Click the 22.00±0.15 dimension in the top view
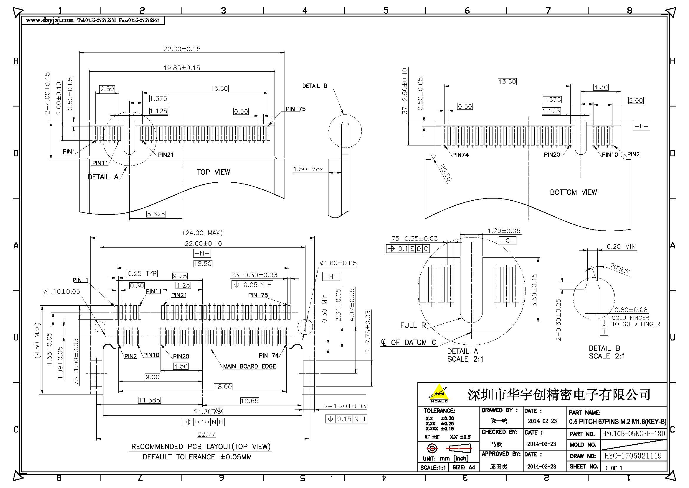181,49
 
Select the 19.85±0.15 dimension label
181,68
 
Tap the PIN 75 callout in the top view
295,109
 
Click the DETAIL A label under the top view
103,177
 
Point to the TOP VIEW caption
213,172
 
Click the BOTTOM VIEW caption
573,192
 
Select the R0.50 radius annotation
445,173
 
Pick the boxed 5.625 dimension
156,214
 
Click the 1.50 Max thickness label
308,169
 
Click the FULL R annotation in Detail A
413,325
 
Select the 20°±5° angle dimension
620,268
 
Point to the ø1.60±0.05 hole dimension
338,263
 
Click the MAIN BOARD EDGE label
250,366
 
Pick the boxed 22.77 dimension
206,434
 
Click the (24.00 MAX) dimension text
203,233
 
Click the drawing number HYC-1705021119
633,456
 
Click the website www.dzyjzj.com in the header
49,20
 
